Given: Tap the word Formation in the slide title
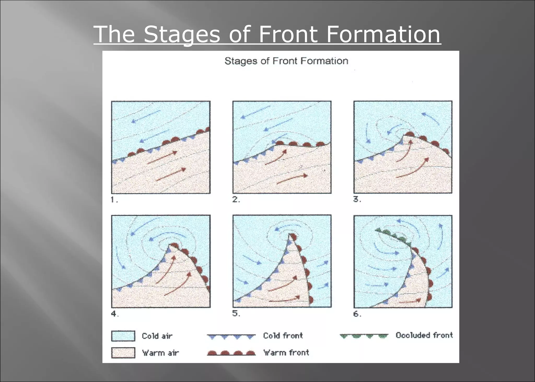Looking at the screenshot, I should [x=383, y=34].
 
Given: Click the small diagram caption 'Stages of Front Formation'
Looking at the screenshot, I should [x=286, y=61].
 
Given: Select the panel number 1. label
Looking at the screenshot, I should [x=114, y=200].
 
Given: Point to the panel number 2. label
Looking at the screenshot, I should [x=236, y=200].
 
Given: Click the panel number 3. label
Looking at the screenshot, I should [x=357, y=200].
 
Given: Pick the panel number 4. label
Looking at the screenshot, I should [x=115, y=314].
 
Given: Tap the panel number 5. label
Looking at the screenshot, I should [x=236, y=313].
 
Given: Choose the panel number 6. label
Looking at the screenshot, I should [x=357, y=314].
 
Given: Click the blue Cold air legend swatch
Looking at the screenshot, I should [x=123, y=336].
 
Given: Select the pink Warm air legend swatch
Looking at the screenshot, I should [x=123, y=353].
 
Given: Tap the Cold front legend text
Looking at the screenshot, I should [x=283, y=335].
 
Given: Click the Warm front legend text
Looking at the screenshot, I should [x=286, y=353].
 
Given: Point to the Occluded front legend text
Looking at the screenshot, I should [x=424, y=335].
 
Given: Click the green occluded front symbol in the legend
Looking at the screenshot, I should [x=364, y=336].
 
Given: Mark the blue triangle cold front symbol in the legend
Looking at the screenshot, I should [x=231, y=336].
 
